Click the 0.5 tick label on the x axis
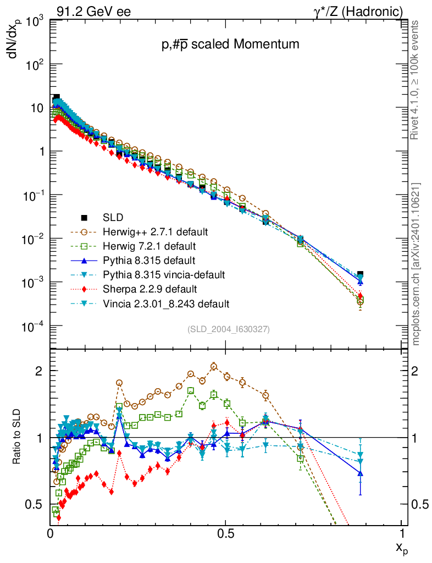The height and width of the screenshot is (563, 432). (226, 534)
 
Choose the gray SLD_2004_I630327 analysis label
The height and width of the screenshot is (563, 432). (229, 329)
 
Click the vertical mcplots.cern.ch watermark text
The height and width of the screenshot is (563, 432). (416, 264)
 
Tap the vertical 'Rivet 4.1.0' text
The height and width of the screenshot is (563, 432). (416, 80)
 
